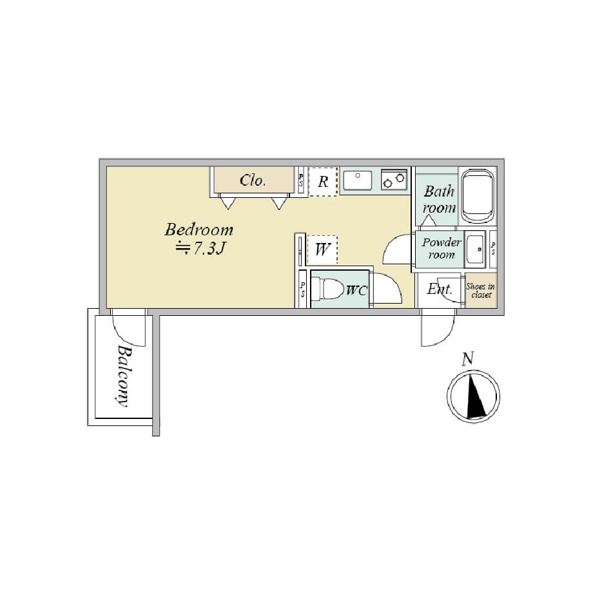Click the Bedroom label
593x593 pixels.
(199, 230)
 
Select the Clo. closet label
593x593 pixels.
(253, 180)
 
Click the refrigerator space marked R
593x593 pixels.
(323, 182)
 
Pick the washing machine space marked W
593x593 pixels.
(322, 249)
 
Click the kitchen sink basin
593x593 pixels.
(357, 180)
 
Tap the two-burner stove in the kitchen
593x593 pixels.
(394, 180)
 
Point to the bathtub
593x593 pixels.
(478, 197)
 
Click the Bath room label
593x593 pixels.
(439, 199)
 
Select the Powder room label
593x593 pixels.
(442, 248)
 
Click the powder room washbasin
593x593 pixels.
(475, 249)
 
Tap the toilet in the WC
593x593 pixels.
(327, 289)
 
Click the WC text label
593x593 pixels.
(356, 291)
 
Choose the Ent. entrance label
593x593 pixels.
(440, 289)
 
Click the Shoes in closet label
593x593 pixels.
(481, 291)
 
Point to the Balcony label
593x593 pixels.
(124, 376)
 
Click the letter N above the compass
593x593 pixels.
(468, 358)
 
